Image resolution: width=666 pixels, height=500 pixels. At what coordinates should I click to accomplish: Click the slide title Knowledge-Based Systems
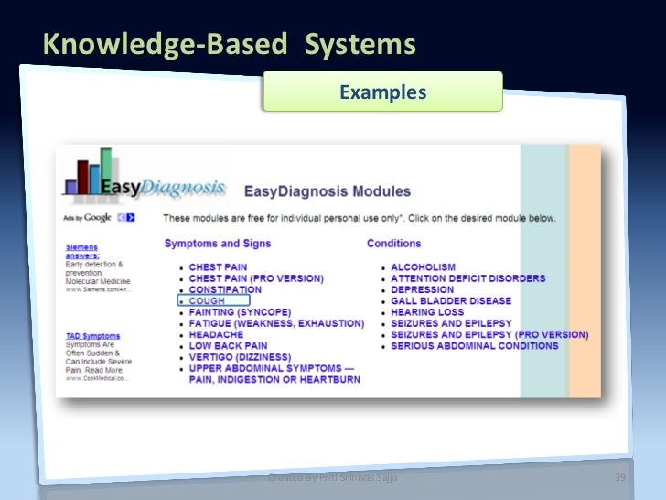point(230,45)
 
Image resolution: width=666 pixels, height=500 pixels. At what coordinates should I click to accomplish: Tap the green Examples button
point(382,92)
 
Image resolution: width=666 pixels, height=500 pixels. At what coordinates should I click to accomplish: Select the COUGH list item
point(207,300)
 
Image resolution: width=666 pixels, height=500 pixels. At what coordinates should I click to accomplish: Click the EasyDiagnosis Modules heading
point(327,192)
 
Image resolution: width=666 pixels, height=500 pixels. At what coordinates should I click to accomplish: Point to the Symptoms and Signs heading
point(217,244)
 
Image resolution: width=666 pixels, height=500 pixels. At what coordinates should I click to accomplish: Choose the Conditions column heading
point(393,244)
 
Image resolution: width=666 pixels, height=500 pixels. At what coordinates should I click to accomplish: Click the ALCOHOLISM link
point(423,267)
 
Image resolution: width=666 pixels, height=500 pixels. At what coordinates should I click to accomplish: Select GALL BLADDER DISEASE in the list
point(451,300)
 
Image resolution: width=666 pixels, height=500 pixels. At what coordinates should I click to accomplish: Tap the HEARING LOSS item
point(426,312)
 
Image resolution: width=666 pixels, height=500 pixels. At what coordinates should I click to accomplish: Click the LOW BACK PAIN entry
point(228,346)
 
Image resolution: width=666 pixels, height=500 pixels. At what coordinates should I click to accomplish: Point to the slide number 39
point(619,479)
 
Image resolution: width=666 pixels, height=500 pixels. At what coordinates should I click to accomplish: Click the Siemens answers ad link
point(82,251)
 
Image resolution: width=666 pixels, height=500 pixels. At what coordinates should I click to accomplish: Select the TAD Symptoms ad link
point(88,336)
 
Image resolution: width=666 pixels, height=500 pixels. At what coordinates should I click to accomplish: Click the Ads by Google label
point(87,218)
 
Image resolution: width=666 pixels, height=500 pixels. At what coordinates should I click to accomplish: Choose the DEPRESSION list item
point(422,289)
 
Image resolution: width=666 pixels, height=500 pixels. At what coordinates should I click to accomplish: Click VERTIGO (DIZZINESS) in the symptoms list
point(240,357)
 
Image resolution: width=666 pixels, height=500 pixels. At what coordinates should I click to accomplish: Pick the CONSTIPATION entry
point(225,289)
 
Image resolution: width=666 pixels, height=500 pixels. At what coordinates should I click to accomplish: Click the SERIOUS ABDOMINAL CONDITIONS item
point(474,346)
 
